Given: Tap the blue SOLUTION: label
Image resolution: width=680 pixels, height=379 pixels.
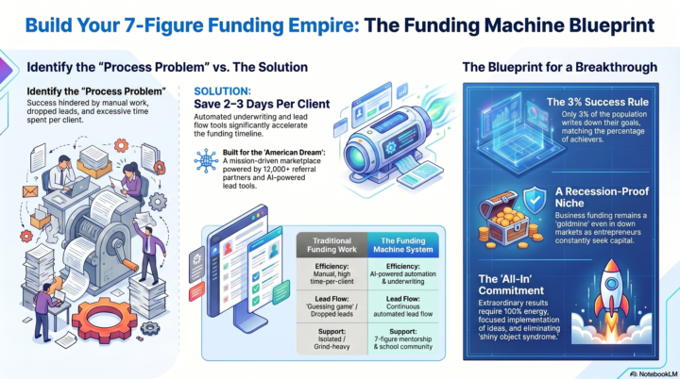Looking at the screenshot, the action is point(223,91).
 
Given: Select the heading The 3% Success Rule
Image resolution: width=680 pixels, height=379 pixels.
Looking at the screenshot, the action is point(598,102).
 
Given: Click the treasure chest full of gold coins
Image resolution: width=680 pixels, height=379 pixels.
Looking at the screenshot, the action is point(505,220).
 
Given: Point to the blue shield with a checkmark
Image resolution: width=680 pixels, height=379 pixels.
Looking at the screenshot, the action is point(535,199).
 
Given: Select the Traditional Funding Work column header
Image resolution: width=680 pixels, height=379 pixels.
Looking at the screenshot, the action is point(331,245).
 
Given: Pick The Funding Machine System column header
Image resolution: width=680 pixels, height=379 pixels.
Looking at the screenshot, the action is point(403,245).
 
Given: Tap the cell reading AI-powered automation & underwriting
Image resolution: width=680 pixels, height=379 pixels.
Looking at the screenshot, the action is point(403,273).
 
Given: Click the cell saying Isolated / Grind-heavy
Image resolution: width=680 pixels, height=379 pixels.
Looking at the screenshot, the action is point(331,338).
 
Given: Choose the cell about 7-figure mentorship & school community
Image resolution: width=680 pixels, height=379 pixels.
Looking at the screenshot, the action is point(403,338).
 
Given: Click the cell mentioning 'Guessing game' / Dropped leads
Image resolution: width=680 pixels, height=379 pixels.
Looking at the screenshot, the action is point(331,306).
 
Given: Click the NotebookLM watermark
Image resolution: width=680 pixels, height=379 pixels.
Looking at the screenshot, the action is point(654,373).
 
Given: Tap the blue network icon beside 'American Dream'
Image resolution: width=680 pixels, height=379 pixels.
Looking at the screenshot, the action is point(207,161).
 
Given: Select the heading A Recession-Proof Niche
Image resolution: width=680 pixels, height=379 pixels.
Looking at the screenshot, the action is point(602,197).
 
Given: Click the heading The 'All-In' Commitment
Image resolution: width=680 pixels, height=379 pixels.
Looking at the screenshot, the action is point(511,285).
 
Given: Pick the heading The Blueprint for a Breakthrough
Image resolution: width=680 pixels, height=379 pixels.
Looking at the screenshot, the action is point(559,67).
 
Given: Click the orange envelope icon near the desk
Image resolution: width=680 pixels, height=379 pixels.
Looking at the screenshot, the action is point(30,191).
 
